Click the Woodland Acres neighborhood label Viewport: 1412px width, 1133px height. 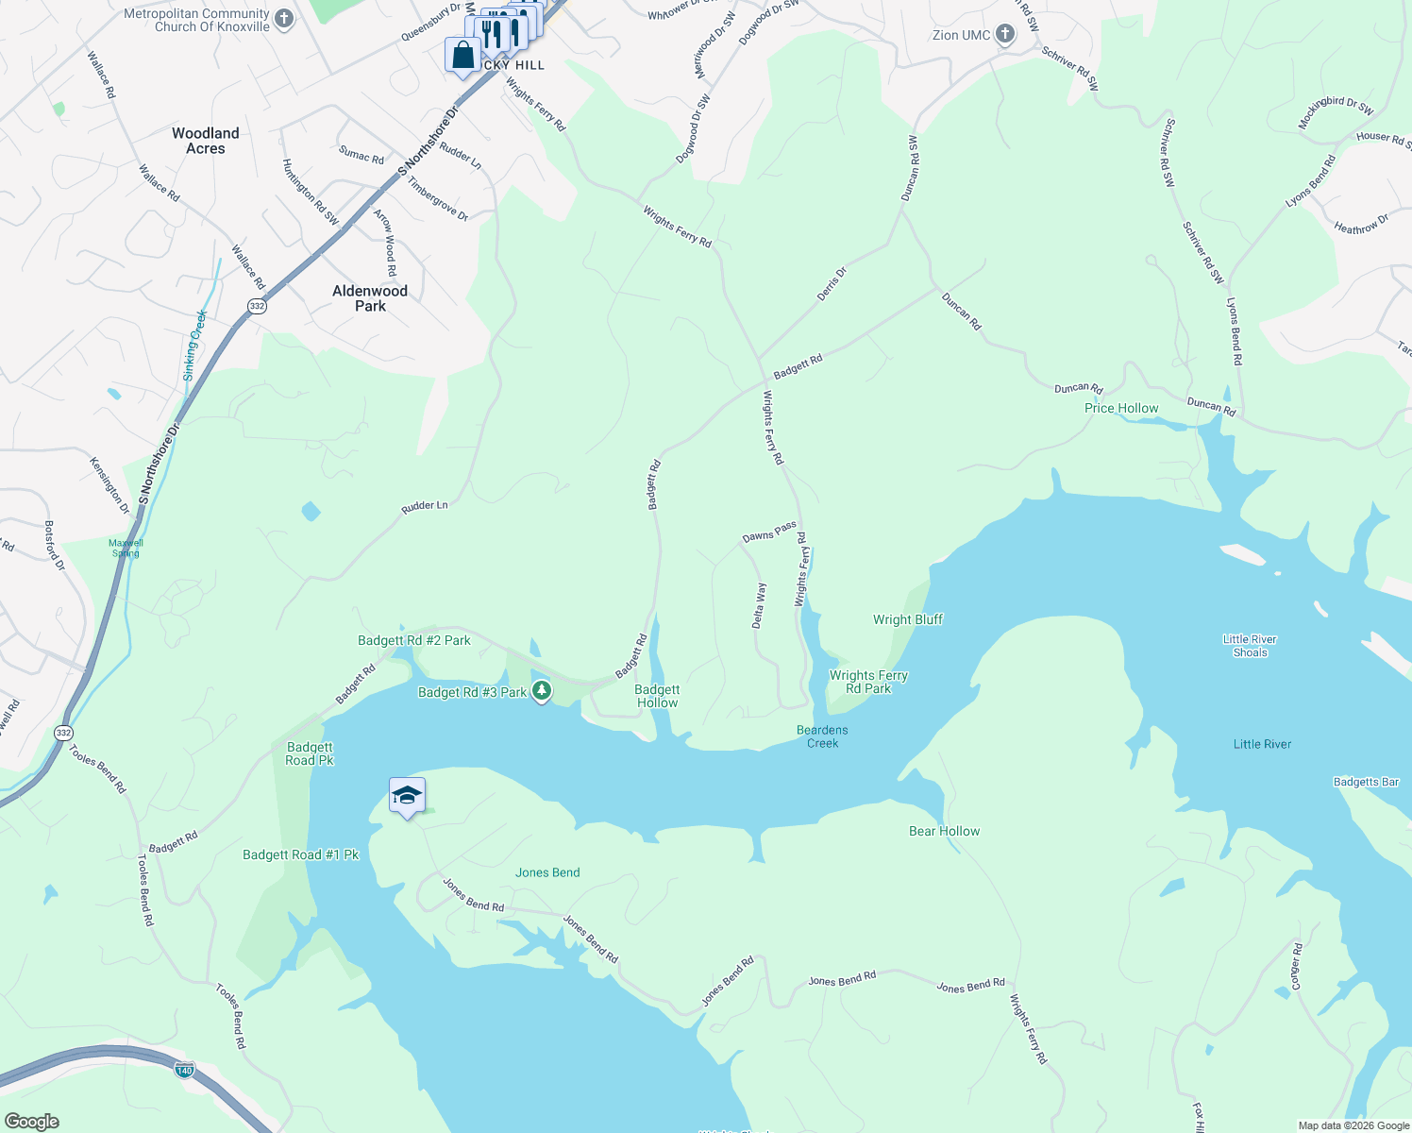206,141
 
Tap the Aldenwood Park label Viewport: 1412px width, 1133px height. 370,298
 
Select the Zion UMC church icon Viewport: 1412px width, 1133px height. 1005,35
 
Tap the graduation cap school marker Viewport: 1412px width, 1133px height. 407,796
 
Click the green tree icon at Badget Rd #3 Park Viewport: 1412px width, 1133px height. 542,692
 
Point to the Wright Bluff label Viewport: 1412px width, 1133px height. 907,619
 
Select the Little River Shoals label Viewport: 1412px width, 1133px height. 1250,646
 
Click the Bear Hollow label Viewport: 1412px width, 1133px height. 944,831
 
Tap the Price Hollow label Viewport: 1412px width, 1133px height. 1121,408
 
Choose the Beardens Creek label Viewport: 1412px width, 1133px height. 822,736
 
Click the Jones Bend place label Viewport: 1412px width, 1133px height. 547,872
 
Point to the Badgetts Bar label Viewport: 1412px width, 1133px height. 1366,782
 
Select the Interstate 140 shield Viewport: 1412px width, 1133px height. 185,1070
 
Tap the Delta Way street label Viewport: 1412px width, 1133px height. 760,605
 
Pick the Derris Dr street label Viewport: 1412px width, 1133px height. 832,285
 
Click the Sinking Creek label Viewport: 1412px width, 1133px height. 194,346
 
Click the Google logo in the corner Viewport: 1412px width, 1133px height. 32,1122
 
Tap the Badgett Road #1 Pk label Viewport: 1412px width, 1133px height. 301,854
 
